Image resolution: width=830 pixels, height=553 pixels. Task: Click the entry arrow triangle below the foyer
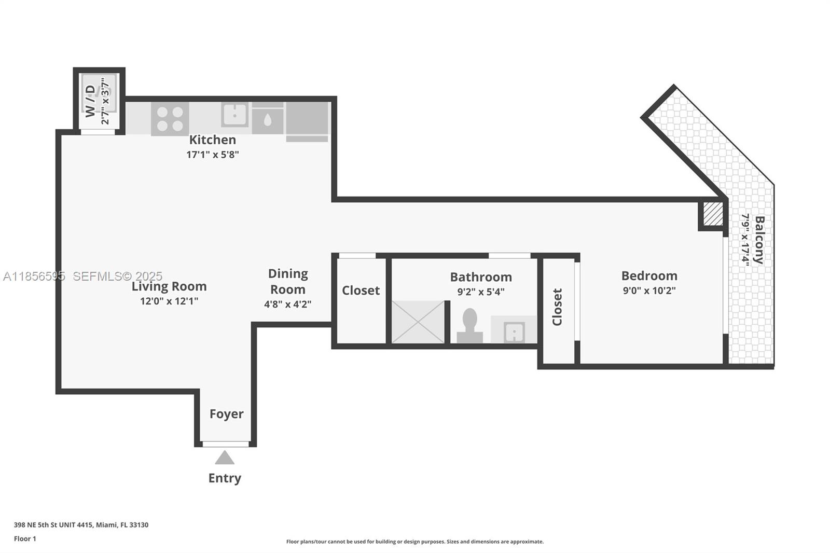(x=225, y=458)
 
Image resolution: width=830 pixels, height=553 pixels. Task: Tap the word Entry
(x=225, y=478)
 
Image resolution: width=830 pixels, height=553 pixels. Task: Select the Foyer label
(x=226, y=414)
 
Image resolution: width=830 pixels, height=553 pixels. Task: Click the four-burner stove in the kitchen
(x=170, y=119)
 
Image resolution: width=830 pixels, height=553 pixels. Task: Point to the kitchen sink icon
(x=234, y=115)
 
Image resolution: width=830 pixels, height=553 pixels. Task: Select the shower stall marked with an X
(x=418, y=322)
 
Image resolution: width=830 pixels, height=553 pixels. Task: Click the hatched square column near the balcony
(x=713, y=214)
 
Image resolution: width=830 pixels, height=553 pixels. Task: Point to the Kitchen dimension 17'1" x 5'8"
(x=213, y=155)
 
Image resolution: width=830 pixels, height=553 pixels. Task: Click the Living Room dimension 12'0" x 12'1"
(x=169, y=301)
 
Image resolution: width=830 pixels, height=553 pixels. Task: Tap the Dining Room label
(x=288, y=281)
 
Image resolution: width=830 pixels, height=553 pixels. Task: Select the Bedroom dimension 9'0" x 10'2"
(x=649, y=291)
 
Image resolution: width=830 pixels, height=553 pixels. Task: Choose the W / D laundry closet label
(x=90, y=101)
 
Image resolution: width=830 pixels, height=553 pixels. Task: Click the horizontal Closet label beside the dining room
(x=361, y=291)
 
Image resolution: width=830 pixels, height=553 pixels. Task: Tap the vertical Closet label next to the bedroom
(x=557, y=307)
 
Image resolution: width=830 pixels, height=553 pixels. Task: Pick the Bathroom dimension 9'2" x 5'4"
(x=480, y=292)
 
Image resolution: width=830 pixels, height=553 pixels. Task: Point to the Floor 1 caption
(x=25, y=539)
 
